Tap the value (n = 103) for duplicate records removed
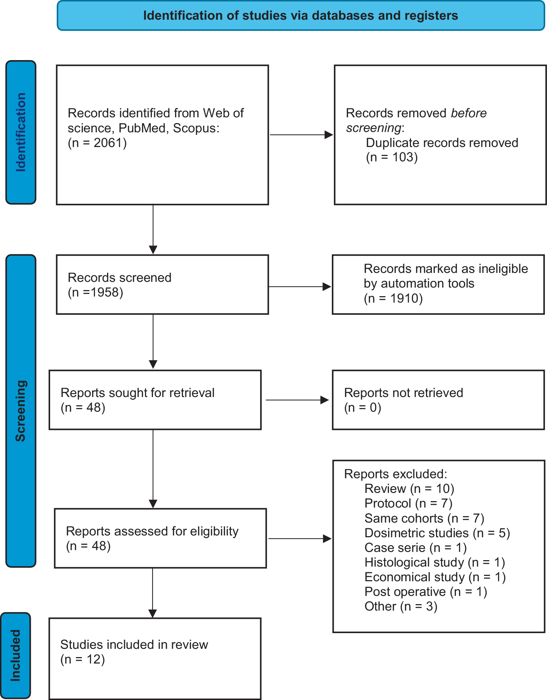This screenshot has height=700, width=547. coord(392,157)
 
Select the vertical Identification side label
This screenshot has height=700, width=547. coord(21,132)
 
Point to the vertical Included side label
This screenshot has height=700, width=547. coord(15,655)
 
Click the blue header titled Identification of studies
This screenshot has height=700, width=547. coord(301,16)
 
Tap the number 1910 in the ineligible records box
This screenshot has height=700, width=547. coord(403,298)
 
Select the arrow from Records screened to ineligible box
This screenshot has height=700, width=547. coord(300,287)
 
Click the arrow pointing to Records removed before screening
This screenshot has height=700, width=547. coord(301,135)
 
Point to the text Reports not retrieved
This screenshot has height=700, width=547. coord(403,393)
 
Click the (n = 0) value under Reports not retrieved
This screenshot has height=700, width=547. coord(362,407)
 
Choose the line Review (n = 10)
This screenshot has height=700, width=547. coord(409,489)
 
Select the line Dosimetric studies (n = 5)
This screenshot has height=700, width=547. coord(437,533)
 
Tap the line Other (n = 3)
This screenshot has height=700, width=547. coord(401,606)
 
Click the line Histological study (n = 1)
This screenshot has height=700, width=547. coord(435,562)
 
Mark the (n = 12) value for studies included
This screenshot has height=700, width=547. coord(82,659)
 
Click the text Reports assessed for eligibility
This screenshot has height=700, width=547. coord(152,531)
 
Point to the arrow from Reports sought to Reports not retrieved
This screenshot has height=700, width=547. coord(297,400)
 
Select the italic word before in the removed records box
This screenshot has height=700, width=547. coord(469,113)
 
